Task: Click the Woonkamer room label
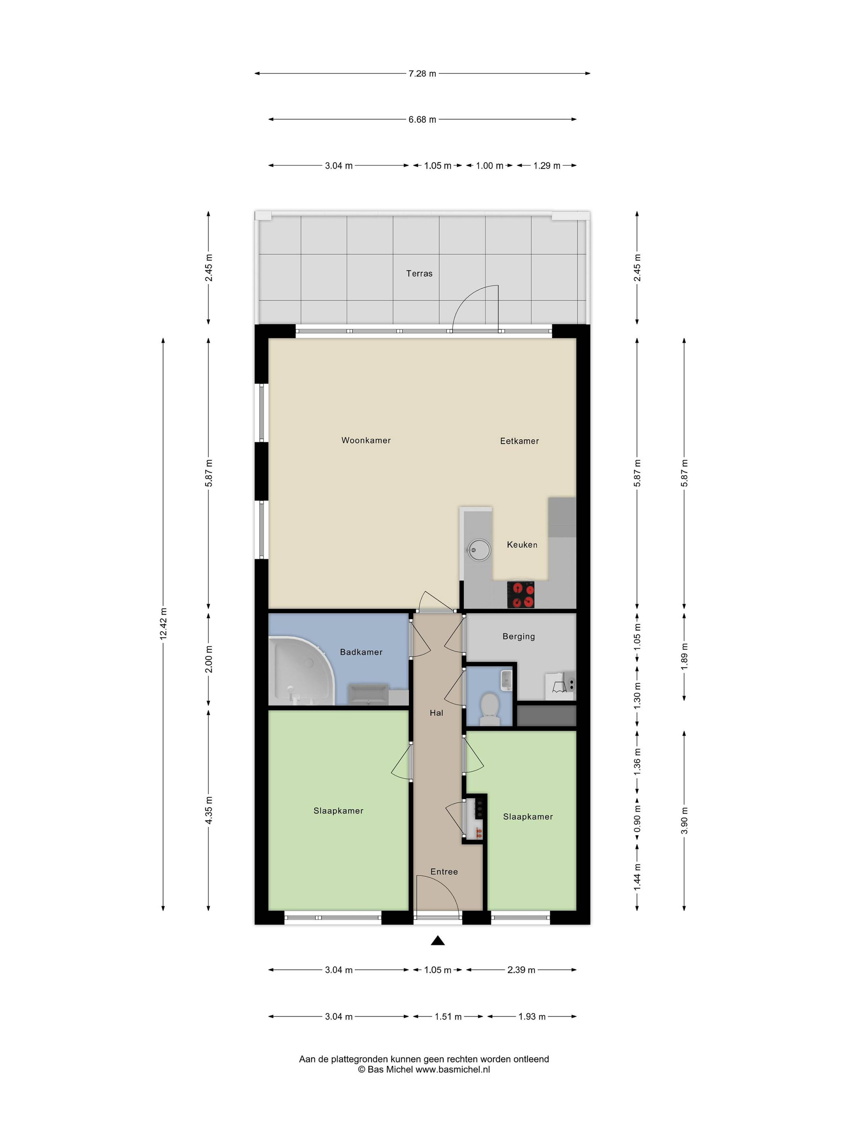coord(366,440)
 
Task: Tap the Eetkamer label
coord(519,441)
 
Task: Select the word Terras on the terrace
coord(419,273)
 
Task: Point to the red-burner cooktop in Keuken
coord(521,594)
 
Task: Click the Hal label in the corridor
coord(437,713)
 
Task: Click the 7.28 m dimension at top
coord(422,73)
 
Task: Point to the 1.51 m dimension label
coord(448,1016)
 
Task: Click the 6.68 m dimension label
coord(422,119)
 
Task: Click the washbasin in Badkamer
coord(368,694)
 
